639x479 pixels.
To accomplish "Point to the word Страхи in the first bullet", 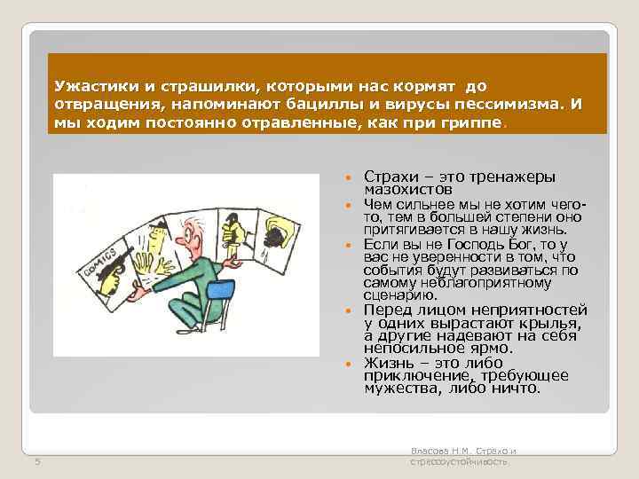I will pyautogui.click(x=388, y=177).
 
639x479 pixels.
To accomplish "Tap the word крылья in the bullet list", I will pyautogui.click(x=548, y=324).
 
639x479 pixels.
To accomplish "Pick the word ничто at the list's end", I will pyautogui.click(x=517, y=389).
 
